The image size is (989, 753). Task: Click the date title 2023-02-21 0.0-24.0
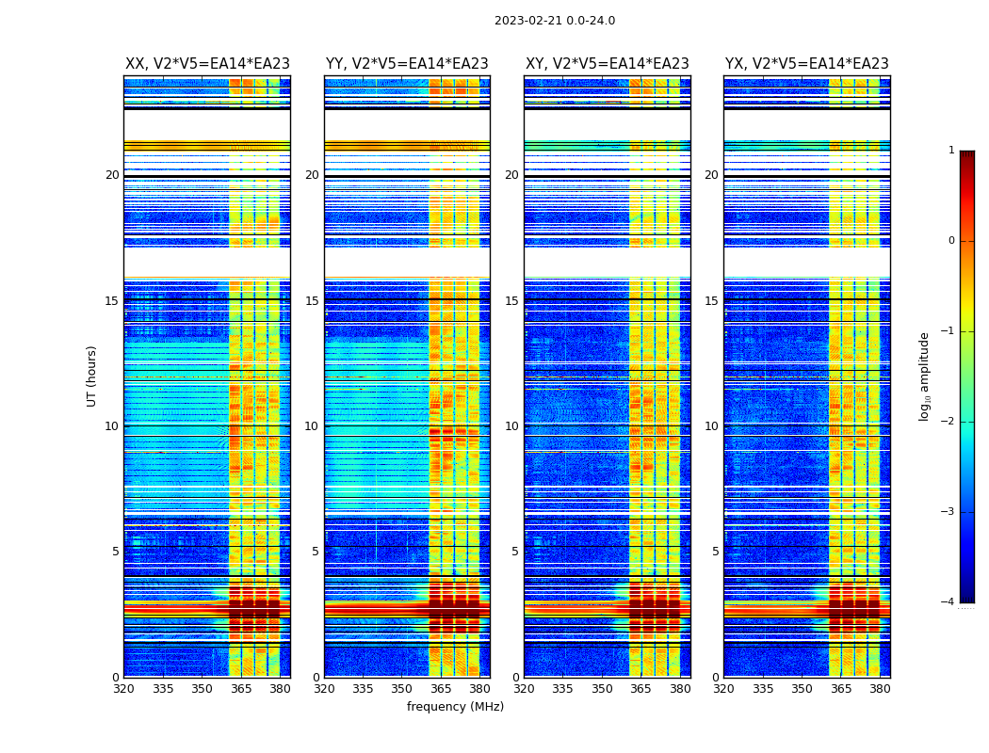click(x=555, y=21)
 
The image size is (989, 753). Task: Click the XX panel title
click(x=207, y=64)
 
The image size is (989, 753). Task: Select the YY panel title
click(x=407, y=64)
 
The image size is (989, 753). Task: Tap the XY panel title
click(x=608, y=64)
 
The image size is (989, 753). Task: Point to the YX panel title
click(x=807, y=64)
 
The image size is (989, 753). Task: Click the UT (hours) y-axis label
click(x=91, y=376)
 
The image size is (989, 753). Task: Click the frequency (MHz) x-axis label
click(x=455, y=707)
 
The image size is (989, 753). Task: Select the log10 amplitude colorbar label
click(x=924, y=376)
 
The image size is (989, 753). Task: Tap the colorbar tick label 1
click(x=950, y=151)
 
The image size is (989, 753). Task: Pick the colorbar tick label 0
click(x=950, y=241)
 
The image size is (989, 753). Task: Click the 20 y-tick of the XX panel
click(x=112, y=175)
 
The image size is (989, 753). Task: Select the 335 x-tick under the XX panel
click(x=163, y=689)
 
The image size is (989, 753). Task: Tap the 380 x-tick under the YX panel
click(x=880, y=689)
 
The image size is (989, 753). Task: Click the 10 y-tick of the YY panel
click(x=312, y=426)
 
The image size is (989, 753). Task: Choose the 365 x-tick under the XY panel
click(x=640, y=689)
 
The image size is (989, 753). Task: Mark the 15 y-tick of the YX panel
click(x=712, y=301)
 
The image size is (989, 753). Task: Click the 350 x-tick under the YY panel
click(x=402, y=689)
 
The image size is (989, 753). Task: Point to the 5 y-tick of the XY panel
click(x=515, y=552)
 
